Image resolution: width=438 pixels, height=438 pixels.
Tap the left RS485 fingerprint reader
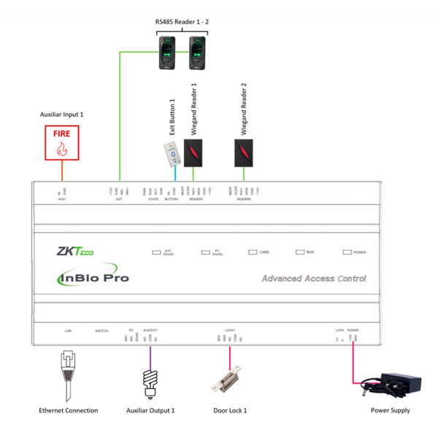click(x=168, y=53)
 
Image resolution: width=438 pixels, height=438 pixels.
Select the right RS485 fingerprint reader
click(x=198, y=53)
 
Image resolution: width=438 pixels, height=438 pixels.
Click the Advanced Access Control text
click(x=314, y=278)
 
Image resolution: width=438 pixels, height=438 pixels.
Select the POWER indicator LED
click(x=347, y=252)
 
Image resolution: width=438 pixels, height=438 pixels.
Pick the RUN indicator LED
click(x=299, y=252)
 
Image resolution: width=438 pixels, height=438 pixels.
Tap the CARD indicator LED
click(x=252, y=252)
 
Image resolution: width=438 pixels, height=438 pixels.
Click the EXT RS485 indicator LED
click(x=156, y=253)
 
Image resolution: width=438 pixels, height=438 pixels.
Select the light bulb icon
click(x=150, y=380)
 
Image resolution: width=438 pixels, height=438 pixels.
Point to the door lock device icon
click(x=226, y=381)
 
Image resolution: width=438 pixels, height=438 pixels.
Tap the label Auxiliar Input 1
click(x=61, y=115)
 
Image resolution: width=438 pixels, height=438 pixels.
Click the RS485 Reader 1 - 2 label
click(x=182, y=22)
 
